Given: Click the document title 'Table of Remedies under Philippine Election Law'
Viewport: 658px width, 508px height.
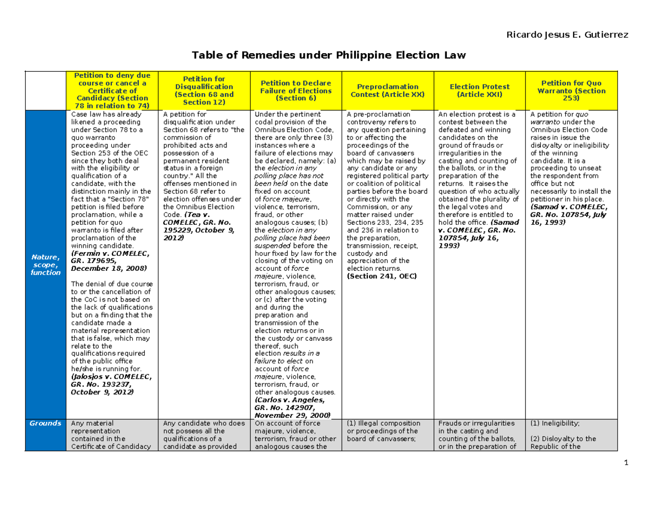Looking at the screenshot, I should [328, 55].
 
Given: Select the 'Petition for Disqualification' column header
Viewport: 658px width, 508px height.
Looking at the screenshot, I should [204, 90].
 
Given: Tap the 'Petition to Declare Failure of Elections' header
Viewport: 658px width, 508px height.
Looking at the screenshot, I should [296, 90].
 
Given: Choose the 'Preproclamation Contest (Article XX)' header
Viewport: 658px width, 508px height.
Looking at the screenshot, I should [388, 90].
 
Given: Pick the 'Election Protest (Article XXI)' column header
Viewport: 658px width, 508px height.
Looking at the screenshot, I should [479, 90].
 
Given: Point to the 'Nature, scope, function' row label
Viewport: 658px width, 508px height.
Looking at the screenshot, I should [46, 265].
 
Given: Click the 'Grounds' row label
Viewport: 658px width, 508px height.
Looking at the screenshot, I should [46, 424].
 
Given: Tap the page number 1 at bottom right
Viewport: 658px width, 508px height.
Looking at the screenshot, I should [625, 463].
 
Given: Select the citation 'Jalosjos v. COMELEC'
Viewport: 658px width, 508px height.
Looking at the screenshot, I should [111, 377].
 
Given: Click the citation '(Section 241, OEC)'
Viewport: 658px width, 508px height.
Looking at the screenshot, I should [381, 276].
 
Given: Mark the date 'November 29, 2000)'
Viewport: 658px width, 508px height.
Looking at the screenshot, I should [292, 415].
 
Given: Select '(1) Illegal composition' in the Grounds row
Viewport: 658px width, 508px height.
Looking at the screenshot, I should [383, 424].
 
